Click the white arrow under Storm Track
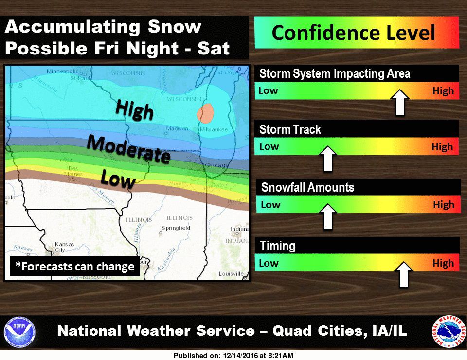(x=327, y=159)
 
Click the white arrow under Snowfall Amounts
(x=327, y=217)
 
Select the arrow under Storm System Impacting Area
(x=400, y=102)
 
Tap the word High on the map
(x=135, y=109)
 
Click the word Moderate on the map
(x=128, y=149)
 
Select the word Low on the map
(x=117, y=179)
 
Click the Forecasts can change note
(x=75, y=267)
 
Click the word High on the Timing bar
(x=443, y=263)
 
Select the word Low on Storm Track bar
(x=269, y=146)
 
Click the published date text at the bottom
(x=233, y=356)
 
